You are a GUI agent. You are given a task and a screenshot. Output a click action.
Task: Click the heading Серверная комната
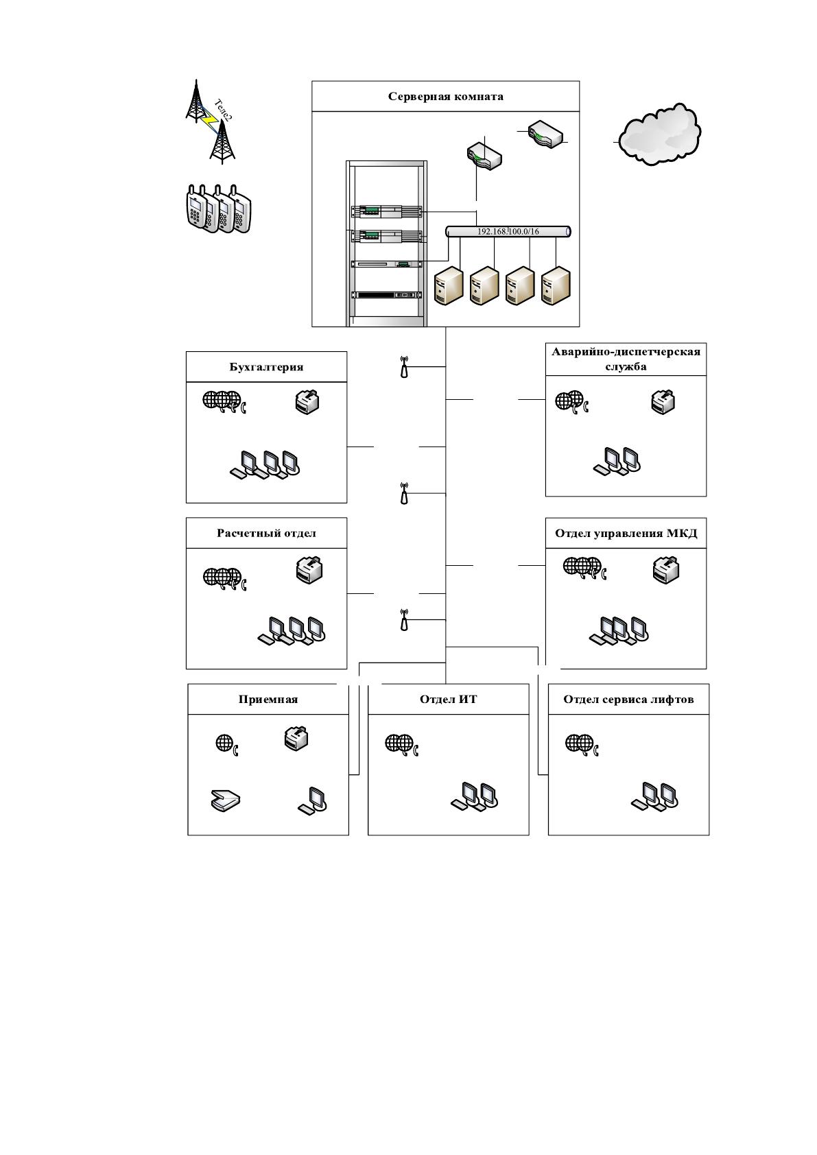click(446, 97)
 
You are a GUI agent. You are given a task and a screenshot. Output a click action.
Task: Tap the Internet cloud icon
click(661, 134)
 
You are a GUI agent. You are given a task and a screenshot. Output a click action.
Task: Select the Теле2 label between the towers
click(223, 110)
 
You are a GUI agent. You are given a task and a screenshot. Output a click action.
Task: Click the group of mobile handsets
click(219, 209)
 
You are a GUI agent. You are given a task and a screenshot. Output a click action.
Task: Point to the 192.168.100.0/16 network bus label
click(508, 232)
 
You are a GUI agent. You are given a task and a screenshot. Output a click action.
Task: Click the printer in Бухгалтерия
click(307, 402)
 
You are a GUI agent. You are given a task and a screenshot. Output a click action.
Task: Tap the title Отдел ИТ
click(448, 699)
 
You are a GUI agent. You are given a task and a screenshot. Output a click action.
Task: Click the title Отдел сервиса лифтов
click(628, 699)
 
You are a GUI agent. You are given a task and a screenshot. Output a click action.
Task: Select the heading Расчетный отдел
click(266, 533)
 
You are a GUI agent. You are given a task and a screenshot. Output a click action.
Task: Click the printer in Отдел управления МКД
click(666, 570)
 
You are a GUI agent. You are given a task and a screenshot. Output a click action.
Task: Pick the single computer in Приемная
click(312, 801)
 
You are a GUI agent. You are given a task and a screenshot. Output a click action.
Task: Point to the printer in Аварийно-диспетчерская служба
click(663, 402)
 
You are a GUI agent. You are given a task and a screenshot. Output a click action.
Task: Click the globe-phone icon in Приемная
click(227, 745)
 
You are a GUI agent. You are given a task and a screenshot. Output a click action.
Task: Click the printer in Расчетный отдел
click(309, 570)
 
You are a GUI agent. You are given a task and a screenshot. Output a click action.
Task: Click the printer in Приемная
click(296, 739)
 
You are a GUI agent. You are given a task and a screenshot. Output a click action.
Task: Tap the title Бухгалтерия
click(266, 367)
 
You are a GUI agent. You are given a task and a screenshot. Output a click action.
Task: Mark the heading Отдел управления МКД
click(626, 533)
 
